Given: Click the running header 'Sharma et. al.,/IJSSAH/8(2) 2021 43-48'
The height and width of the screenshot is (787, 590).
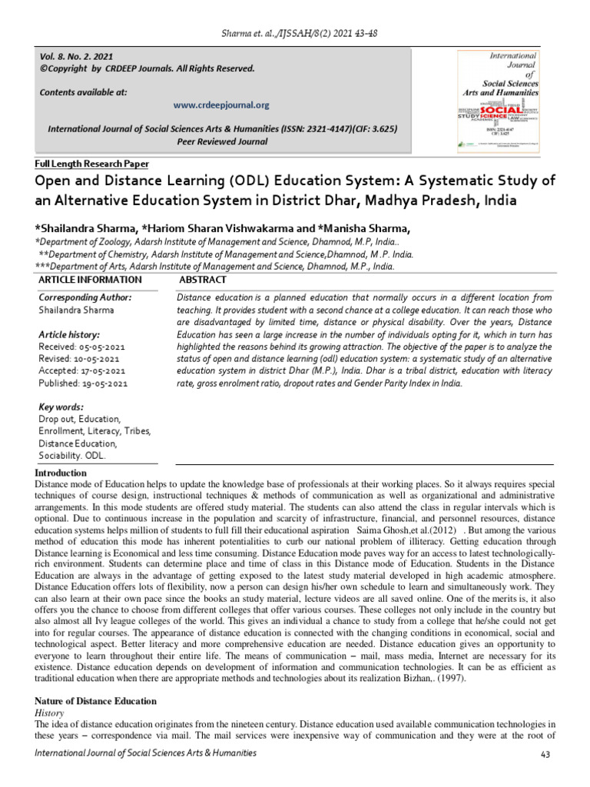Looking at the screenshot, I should [295, 34].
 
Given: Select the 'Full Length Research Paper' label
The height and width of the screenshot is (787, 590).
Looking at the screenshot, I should [92, 164].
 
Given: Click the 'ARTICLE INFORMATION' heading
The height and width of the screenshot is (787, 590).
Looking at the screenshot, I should [90, 281].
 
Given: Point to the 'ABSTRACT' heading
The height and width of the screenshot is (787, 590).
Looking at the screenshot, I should [202, 281].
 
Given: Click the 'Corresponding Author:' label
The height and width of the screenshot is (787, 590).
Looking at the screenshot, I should [85, 297].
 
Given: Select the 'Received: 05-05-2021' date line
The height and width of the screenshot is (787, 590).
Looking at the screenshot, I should [81, 347].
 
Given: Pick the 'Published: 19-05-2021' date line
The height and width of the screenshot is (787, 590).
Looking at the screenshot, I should [83, 383].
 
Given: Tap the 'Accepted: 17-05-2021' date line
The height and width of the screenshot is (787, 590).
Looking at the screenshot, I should [82, 371].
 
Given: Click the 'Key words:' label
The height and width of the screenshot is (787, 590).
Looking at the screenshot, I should [61, 407].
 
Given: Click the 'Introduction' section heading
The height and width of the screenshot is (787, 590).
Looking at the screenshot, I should [61, 473].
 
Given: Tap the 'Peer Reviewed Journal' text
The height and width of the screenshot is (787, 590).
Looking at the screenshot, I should [222, 141].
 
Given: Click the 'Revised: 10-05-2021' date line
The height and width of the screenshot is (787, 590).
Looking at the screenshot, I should [79, 359].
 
